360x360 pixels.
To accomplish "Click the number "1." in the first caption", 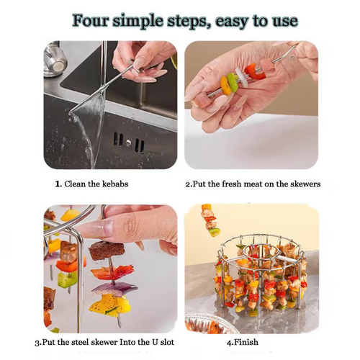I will tap(59, 184).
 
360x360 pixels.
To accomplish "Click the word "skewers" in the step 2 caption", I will tap(303, 184).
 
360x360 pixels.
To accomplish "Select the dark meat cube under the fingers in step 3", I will tap(107, 252).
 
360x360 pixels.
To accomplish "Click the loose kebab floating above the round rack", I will tap(210, 220).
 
